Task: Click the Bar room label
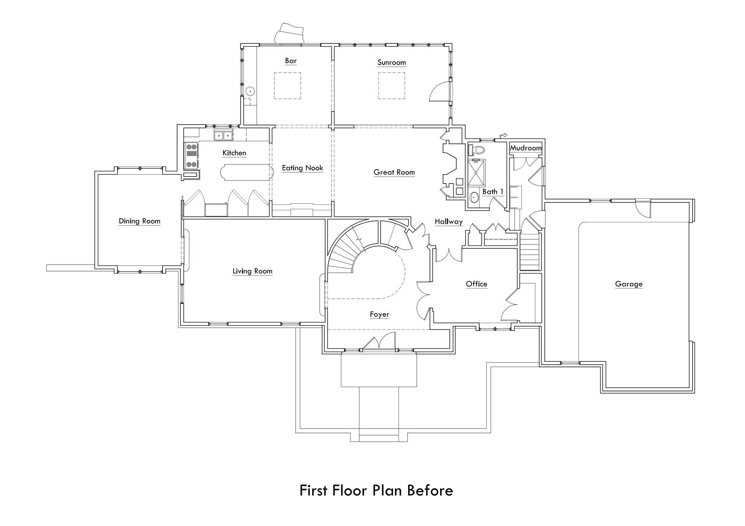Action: tap(291, 61)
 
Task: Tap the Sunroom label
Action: tap(392, 62)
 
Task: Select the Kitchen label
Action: tap(234, 153)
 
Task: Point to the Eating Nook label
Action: tap(302, 168)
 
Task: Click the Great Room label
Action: tap(394, 172)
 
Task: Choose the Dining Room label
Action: tap(139, 221)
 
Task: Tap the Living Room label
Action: tap(252, 271)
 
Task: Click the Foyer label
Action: tap(379, 315)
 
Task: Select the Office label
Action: tap(476, 284)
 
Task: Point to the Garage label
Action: tap(629, 284)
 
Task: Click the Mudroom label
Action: tap(525, 148)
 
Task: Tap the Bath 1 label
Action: tap(492, 192)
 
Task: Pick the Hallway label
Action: tap(449, 222)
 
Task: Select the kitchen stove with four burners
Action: tap(191, 156)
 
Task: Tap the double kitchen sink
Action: tap(223, 136)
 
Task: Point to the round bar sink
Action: tap(251, 92)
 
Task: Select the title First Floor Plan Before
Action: tap(376, 491)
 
